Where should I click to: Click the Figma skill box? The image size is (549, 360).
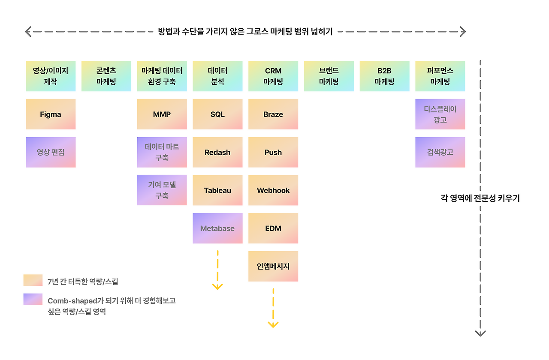pos(51,114)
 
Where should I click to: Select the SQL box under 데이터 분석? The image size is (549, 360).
pos(217,114)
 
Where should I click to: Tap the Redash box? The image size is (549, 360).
pos(217,152)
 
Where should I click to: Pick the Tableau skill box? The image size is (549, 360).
pos(217,190)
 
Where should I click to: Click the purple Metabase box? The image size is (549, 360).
pos(217,228)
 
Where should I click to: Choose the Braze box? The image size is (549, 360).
pos(273,114)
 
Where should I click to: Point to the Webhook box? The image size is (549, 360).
pos(273,190)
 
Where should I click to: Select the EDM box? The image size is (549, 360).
pos(273,228)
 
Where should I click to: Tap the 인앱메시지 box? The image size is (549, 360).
pos(273,266)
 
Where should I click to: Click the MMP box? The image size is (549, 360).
pos(162,114)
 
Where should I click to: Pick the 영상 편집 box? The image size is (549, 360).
pos(51,152)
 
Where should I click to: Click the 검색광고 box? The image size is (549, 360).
pos(440,152)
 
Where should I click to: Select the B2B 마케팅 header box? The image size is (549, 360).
pos(384,76)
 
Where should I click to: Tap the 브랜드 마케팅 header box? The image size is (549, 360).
pos(329,76)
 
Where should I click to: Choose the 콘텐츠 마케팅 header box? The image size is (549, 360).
pos(106,76)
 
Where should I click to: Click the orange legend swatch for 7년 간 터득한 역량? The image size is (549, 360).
pos(33,280)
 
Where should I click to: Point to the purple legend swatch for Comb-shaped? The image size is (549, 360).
pos(33,299)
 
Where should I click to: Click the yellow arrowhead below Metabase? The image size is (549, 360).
pos(217,286)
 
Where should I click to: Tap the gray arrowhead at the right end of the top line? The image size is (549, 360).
pos(463,31)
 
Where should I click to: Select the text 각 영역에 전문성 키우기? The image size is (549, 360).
pos(480,198)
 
